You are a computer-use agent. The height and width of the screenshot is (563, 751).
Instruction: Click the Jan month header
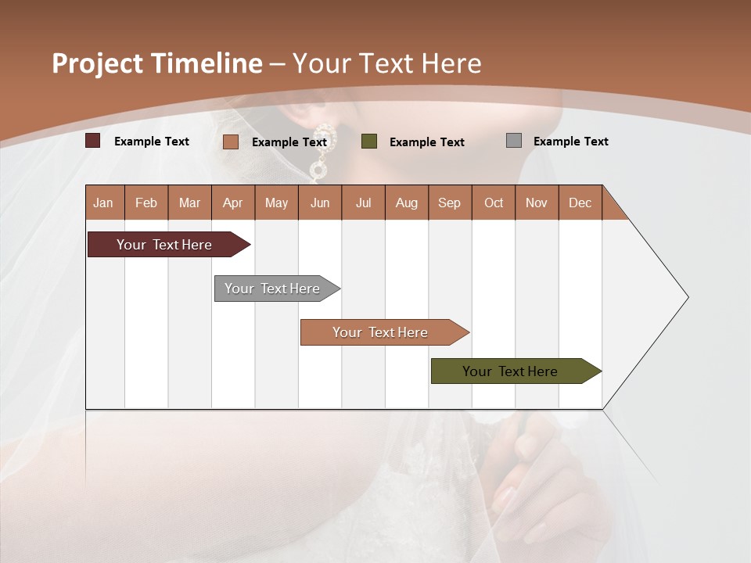tap(103, 203)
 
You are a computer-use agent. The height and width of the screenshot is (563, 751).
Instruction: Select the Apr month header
tap(232, 203)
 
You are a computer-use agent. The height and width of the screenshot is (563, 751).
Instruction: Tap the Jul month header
tap(363, 203)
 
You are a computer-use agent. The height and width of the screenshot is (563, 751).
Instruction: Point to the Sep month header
tap(449, 203)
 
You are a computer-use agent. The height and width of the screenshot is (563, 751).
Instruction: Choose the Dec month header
tap(580, 203)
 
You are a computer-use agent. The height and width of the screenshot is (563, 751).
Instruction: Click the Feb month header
tap(146, 203)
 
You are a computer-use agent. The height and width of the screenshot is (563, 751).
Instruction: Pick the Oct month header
tap(494, 203)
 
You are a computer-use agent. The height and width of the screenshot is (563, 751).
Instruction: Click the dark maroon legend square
tap(93, 141)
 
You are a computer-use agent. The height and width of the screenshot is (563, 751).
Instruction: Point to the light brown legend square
tap(230, 142)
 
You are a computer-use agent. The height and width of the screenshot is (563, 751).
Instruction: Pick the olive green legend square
tap(369, 141)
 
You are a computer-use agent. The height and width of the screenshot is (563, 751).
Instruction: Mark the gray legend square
tap(514, 141)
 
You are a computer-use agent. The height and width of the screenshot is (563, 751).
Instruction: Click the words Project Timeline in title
tap(157, 63)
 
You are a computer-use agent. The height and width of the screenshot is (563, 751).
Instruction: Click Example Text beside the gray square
tap(570, 142)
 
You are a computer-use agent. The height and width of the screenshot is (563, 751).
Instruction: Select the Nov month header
tap(537, 203)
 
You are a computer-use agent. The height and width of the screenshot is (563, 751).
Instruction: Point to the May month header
tap(276, 203)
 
